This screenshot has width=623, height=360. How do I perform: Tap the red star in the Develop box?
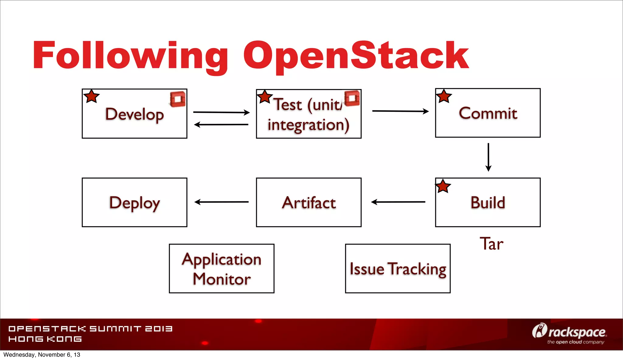click(91, 96)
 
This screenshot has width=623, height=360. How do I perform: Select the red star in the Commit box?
click(444, 96)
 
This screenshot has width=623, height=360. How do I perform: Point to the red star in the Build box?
click(443, 186)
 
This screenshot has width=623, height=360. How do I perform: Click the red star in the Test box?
click(264, 97)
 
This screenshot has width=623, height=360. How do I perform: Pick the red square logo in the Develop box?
click(178, 99)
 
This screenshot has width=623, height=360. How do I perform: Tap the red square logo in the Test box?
click(352, 98)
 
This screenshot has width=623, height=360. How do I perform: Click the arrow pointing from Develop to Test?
click(221, 112)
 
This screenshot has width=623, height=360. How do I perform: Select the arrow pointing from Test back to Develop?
click(221, 124)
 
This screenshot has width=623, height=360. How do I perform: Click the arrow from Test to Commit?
click(400, 111)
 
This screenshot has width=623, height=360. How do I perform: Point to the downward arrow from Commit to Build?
click(488, 157)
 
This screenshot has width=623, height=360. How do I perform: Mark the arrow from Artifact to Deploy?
click(221, 202)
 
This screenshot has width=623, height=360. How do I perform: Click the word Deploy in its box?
click(134, 203)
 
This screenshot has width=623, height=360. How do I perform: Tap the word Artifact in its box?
click(309, 203)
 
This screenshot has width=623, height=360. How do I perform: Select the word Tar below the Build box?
click(491, 244)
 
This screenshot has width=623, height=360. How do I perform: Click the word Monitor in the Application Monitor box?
click(221, 279)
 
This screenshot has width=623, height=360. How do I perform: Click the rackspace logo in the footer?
click(569, 333)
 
